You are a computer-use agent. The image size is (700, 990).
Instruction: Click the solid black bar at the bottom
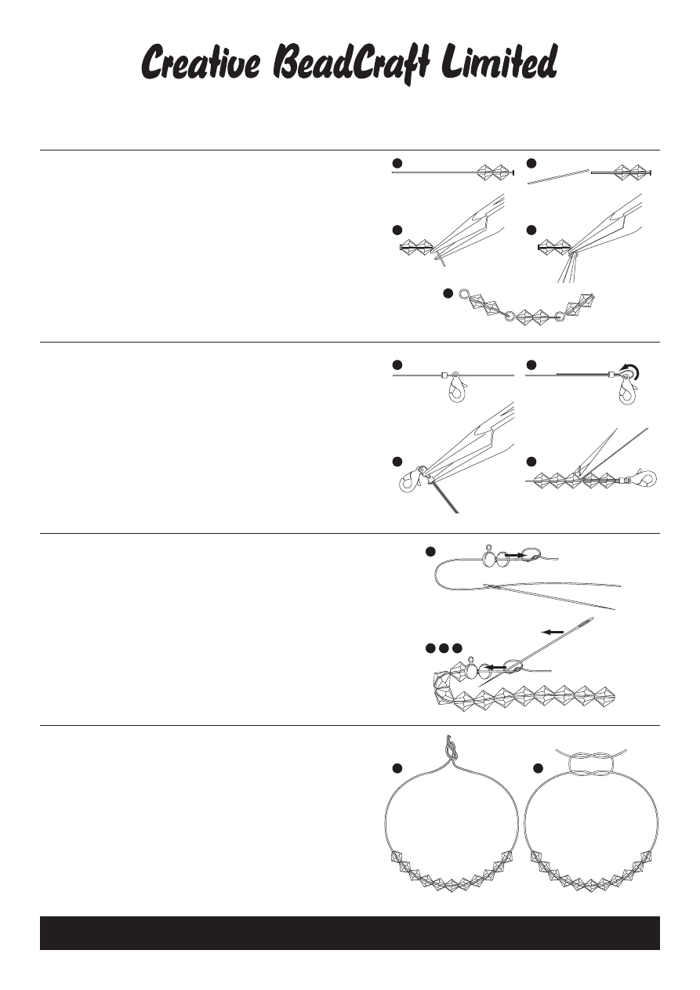click(350, 933)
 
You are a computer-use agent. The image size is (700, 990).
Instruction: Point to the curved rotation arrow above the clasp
click(633, 370)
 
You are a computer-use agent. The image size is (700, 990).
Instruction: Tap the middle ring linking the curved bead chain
click(509, 316)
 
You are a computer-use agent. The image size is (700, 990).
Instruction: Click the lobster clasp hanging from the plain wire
click(457, 387)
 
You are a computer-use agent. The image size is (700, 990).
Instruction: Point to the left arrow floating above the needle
click(553, 632)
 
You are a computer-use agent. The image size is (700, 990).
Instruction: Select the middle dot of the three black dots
click(444, 648)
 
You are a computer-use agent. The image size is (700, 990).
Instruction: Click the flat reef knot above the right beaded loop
click(591, 763)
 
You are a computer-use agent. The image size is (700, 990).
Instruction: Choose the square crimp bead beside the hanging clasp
click(443, 375)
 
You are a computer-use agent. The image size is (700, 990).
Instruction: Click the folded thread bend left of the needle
click(437, 576)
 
